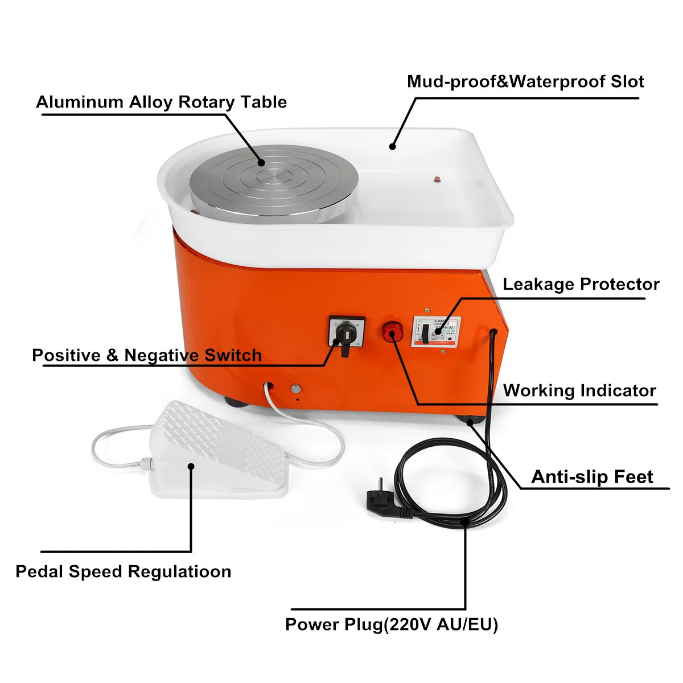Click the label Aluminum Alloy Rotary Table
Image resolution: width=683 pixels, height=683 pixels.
click(x=161, y=102)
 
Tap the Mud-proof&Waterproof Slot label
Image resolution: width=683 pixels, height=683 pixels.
click(x=525, y=82)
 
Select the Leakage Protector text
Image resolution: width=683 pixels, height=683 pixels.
click(x=581, y=285)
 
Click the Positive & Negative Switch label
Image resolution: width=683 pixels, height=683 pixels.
click(x=147, y=356)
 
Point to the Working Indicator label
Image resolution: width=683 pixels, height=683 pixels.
click(x=579, y=391)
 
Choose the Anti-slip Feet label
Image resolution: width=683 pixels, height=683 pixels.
click(x=592, y=477)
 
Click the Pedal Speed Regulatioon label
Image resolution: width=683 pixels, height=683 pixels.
click(x=124, y=571)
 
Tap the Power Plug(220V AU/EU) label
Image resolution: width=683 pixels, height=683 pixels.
click(x=392, y=625)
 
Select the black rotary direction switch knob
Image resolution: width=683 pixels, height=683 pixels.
click(x=344, y=336)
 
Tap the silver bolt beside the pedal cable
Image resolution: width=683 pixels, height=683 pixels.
click(x=295, y=389)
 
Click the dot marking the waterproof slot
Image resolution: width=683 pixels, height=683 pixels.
click(x=392, y=147)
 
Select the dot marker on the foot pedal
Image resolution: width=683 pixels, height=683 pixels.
click(x=191, y=466)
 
